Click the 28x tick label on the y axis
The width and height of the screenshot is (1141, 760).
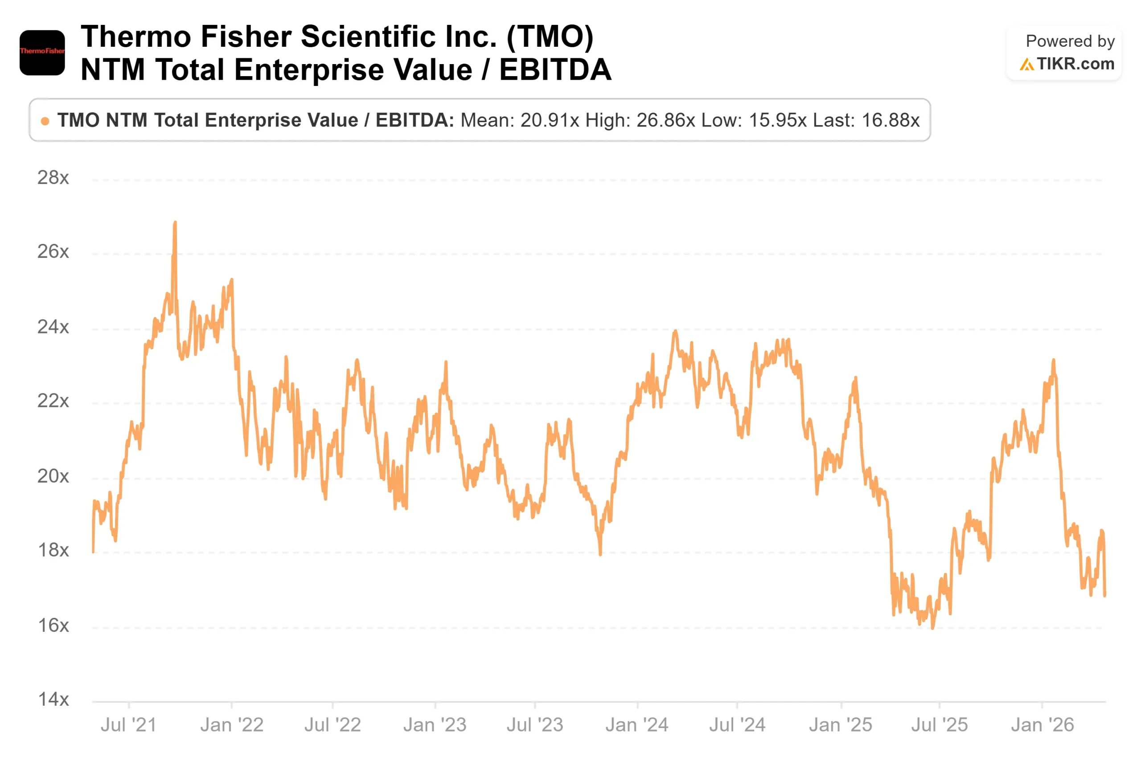(53, 178)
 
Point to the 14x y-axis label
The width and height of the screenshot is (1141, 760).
(53, 699)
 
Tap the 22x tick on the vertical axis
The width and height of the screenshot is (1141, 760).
(53, 401)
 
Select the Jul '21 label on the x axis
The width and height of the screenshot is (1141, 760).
(128, 725)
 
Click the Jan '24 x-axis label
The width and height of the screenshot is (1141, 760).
(637, 725)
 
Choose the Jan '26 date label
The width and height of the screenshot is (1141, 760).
(1042, 725)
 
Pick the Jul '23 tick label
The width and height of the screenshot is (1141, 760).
(535, 725)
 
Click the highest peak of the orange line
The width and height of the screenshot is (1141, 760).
(175, 223)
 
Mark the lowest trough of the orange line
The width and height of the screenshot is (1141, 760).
(932, 628)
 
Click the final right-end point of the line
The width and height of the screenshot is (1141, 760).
(1105, 596)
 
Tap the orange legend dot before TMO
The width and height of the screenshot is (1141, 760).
(45, 121)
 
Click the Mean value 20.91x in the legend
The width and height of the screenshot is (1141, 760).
(550, 120)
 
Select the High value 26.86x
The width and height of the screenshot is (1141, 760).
(666, 120)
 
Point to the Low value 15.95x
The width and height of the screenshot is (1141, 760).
(778, 120)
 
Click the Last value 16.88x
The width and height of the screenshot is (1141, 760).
(891, 120)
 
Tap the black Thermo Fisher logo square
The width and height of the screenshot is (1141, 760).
(42, 53)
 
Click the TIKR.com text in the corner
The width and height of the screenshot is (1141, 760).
(1075, 64)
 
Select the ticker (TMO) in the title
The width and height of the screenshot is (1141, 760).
(550, 37)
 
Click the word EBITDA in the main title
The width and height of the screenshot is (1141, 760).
(555, 70)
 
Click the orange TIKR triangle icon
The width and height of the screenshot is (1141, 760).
(1026, 65)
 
